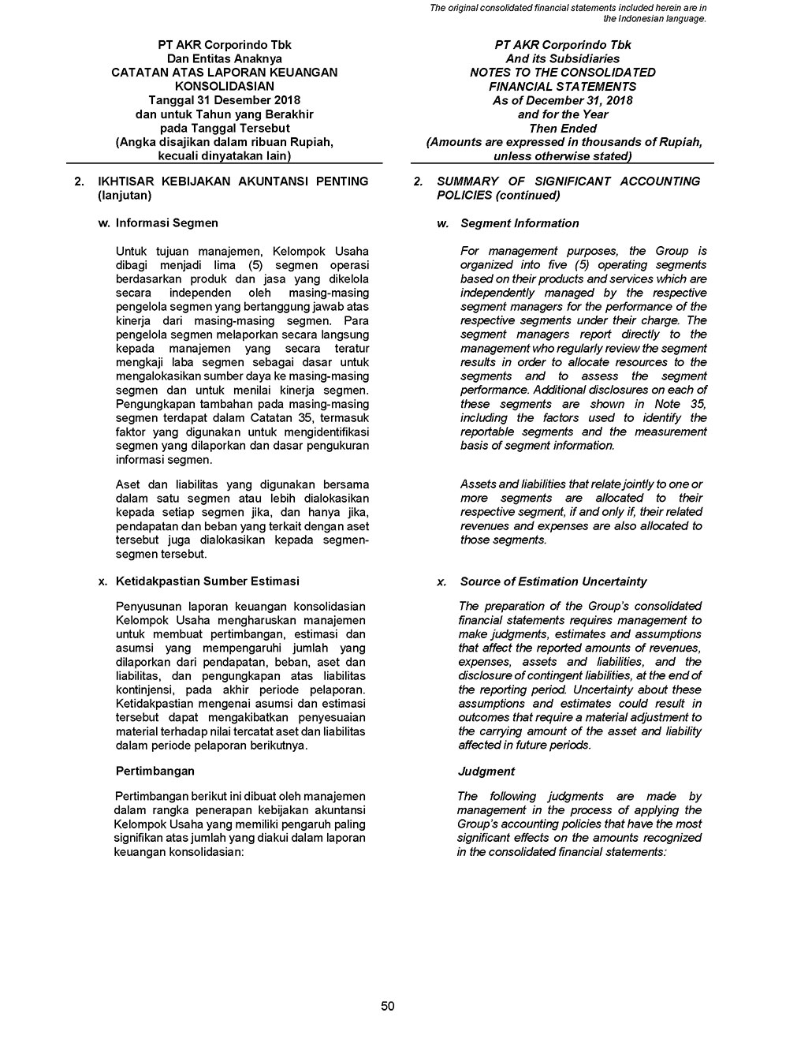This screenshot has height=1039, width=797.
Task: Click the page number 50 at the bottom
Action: point(387,1006)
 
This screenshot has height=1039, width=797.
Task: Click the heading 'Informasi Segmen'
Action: point(166,223)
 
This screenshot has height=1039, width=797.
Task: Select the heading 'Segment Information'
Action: point(520,223)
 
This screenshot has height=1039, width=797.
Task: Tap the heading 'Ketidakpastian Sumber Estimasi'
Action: point(207,581)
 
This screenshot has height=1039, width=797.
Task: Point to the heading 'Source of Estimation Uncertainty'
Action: point(553,581)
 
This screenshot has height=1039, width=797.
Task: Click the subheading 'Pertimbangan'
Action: point(155,771)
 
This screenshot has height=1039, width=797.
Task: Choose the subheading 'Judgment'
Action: point(486,772)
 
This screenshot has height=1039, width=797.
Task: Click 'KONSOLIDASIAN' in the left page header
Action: point(224,87)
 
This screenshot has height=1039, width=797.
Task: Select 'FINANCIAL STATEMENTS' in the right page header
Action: point(562,87)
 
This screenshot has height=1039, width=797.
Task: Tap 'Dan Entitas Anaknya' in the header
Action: point(224,59)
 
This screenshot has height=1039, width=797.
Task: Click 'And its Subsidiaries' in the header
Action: point(562,59)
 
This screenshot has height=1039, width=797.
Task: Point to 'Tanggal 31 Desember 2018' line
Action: point(224,101)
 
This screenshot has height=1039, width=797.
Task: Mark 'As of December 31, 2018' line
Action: point(562,101)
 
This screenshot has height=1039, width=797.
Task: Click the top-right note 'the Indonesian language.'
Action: point(654,18)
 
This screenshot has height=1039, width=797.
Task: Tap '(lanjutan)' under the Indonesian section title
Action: point(124,195)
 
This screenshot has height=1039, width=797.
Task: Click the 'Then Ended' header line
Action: point(562,129)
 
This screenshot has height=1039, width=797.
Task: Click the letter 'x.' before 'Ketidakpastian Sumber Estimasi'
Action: point(102,581)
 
